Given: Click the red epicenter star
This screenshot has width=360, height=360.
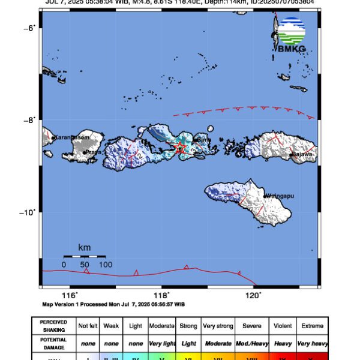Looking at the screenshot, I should tap(180, 148).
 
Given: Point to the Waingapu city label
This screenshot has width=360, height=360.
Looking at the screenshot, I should tap(281, 196).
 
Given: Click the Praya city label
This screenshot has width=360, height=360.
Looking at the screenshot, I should tap(92, 152).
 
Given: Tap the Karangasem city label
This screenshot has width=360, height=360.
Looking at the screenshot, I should tap(71, 137).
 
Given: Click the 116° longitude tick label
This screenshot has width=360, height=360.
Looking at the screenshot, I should tap(70, 295).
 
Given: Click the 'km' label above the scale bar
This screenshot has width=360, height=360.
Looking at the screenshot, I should tap(85, 247).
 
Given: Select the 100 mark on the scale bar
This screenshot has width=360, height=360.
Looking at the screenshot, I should tap(106, 264).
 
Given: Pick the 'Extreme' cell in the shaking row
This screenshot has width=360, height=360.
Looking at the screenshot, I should tap(312, 326).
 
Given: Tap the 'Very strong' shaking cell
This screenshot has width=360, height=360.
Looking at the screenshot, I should tap(217, 326).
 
